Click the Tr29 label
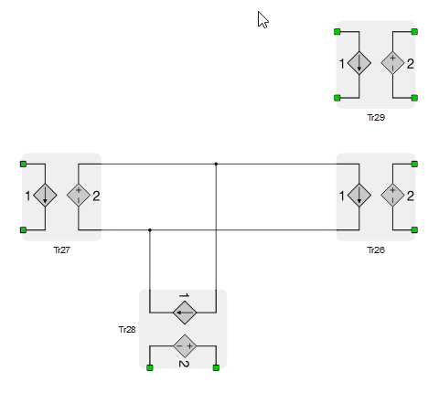[376, 118]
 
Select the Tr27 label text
[62, 250]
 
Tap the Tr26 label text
[376, 250]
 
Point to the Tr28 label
[127, 330]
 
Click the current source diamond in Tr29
[359, 63]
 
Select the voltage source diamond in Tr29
[392, 63]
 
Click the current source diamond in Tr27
[45, 196]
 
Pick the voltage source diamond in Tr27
[79, 196]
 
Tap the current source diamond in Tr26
[359, 196]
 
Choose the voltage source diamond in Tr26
[392, 196]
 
